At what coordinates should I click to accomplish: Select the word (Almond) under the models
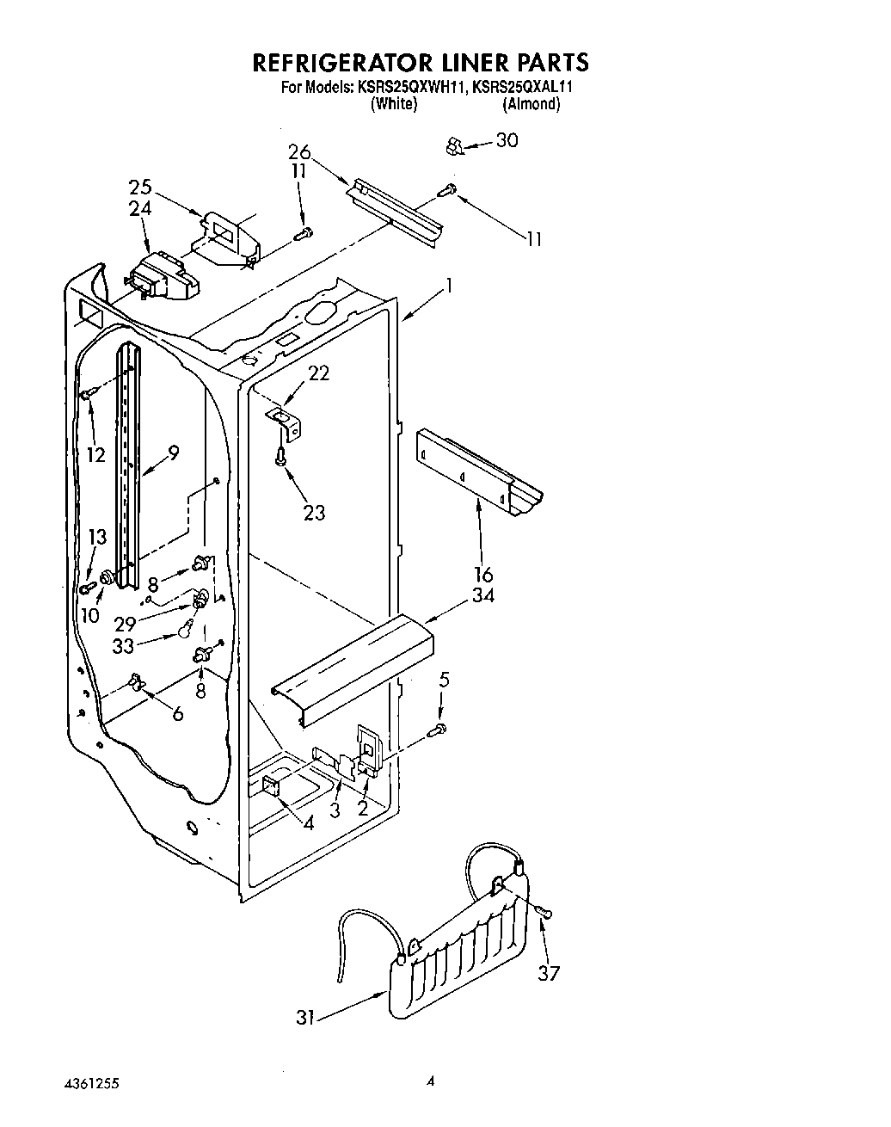click(x=532, y=104)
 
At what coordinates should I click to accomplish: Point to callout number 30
click(x=507, y=140)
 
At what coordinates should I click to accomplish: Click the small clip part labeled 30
click(x=454, y=146)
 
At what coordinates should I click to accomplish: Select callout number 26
click(x=299, y=153)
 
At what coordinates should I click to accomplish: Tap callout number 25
click(x=140, y=187)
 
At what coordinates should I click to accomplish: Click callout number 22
click(x=319, y=373)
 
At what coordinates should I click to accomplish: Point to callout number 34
click(x=482, y=595)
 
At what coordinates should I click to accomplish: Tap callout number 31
click(x=305, y=1017)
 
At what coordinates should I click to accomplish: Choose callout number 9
click(x=173, y=452)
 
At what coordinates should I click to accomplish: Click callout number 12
click(x=95, y=454)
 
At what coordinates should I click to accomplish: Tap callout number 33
click(x=124, y=646)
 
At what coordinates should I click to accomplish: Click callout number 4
click(x=308, y=822)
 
